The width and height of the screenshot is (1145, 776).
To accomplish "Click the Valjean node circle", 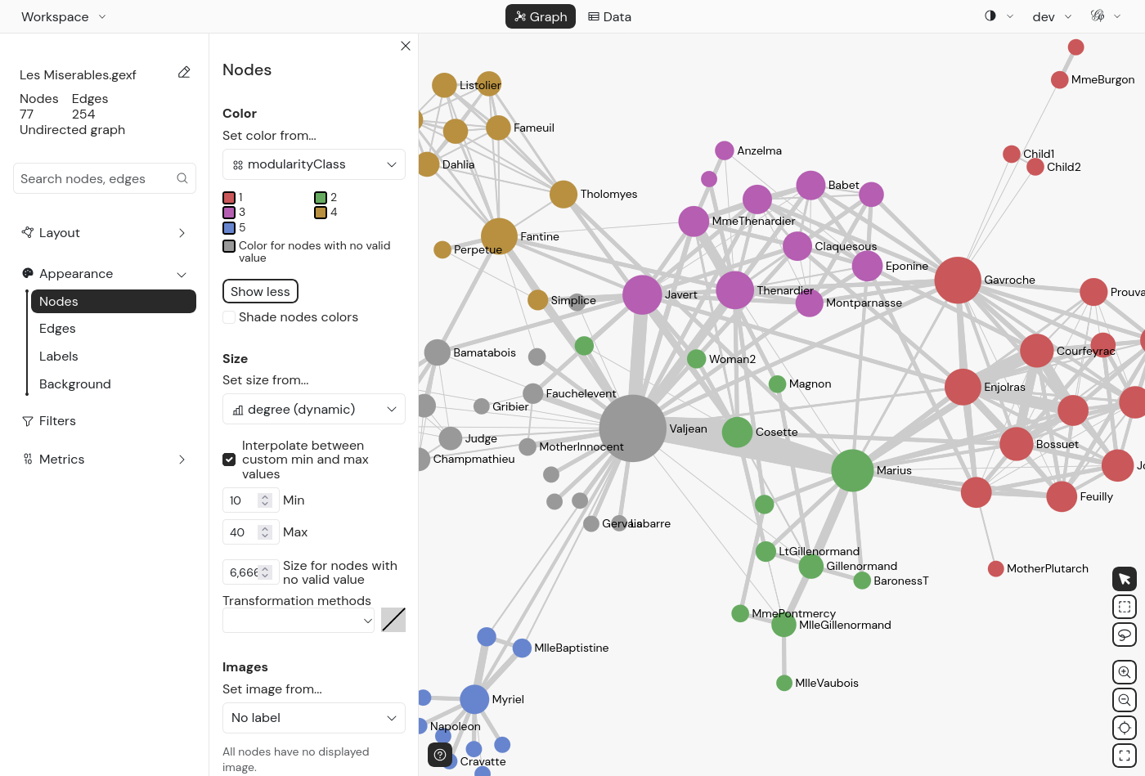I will point(632,428).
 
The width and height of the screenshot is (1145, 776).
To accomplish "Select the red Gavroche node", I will point(958,280).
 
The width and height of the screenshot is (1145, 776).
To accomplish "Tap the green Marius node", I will point(852,470).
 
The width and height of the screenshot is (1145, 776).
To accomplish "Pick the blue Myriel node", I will point(474,699).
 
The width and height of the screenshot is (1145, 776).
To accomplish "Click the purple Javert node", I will point(642,294).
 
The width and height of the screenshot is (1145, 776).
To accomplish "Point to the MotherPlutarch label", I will point(1047,568).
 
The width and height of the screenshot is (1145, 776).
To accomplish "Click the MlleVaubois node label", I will point(826,683).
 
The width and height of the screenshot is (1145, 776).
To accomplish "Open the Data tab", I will point(610,16).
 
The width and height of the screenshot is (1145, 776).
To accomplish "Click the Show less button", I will point(260,291).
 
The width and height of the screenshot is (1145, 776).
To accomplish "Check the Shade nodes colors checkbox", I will point(229,317).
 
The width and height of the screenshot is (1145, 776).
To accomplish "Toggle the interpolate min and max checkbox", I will point(230,460).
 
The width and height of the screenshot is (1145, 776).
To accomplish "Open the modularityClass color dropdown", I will point(314,164).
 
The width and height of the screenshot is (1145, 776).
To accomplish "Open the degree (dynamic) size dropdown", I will point(314,409).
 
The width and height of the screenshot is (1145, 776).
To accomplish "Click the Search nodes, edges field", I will point(97,178).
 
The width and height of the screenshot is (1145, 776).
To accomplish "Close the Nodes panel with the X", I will point(406,46).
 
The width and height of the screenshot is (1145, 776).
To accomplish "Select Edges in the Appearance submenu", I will point(57,329).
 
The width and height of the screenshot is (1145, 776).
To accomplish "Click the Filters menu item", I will point(57,421).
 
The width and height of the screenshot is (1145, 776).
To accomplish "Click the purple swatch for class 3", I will point(229,213).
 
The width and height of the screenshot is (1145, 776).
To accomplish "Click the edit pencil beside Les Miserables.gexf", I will point(184,73).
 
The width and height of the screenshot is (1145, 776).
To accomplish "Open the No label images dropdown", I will point(314,718).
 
